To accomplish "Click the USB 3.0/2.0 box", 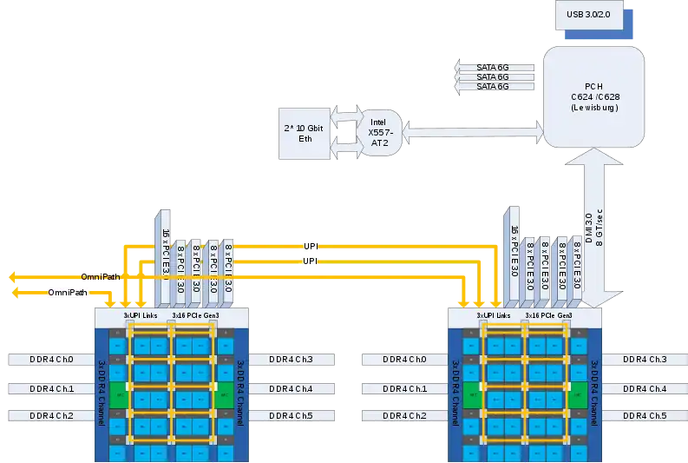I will pos(589,14).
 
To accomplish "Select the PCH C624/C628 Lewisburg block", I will pos(593,96).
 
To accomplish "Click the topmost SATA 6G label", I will pos(493,65).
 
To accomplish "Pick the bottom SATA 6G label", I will pos(493,86).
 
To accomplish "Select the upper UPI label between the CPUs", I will pos(311,246).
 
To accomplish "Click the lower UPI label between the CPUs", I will pos(311,261).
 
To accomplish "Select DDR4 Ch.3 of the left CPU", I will pos(291,359).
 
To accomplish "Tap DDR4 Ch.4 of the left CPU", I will pos(291,388).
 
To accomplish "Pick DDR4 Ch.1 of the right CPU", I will pos(404,388).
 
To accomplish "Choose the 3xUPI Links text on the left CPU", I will pos(139,314).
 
